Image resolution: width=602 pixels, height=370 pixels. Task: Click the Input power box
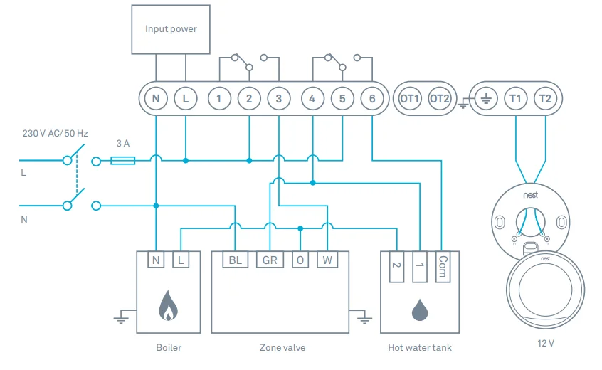point(171,29)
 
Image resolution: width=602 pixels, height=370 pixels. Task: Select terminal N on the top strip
point(155,99)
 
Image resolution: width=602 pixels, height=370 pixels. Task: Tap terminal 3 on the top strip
point(279,99)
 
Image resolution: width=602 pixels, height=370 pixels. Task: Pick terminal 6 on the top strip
point(371,99)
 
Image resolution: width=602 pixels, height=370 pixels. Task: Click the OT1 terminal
point(410,99)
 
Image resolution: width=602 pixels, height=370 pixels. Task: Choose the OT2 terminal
point(440,99)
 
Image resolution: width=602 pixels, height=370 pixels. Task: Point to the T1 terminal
point(515,99)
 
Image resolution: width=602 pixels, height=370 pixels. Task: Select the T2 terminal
point(545,99)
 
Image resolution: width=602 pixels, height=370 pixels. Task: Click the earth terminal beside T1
point(486,99)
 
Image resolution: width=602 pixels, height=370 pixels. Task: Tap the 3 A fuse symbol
point(123,162)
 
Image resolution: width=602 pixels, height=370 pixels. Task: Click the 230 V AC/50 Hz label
point(55,133)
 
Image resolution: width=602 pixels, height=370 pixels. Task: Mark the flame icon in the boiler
point(168,305)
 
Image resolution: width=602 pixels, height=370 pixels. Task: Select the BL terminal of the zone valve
point(234,260)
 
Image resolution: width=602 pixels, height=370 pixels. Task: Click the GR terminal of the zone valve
point(269,260)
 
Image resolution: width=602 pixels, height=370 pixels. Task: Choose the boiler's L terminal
point(181,260)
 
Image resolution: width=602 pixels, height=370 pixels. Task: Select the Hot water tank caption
point(420,348)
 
